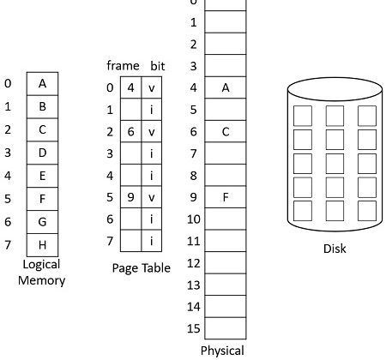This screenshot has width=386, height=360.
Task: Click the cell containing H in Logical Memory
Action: tap(42, 245)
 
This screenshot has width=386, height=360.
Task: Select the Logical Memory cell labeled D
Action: tap(42, 153)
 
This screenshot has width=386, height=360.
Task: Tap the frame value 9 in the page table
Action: tap(130, 197)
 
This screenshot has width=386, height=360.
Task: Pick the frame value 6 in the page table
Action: tap(130, 132)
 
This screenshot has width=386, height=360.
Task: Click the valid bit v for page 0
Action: tap(152, 88)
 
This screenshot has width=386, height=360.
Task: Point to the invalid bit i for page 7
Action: tap(152, 241)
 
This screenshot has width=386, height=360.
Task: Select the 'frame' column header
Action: tap(123, 66)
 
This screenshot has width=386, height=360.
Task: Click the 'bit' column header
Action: tap(158, 66)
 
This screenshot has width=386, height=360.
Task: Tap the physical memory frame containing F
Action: tap(226, 197)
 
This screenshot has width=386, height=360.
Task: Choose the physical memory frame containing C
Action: tap(226, 131)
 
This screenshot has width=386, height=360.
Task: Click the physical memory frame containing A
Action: tap(226, 87)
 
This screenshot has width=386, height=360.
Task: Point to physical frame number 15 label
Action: tap(194, 328)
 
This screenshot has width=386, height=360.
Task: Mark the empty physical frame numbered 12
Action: tap(226, 262)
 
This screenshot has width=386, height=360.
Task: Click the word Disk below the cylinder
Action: tap(335, 249)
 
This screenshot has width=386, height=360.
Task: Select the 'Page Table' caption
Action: tap(142, 268)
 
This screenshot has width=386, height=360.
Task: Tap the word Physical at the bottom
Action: tap(222, 351)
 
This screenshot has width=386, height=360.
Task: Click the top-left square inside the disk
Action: tap(303, 116)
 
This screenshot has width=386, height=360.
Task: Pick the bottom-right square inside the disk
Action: tap(367, 211)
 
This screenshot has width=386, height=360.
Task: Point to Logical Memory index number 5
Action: tap(8, 199)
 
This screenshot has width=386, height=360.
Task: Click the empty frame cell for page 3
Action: tap(130, 153)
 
